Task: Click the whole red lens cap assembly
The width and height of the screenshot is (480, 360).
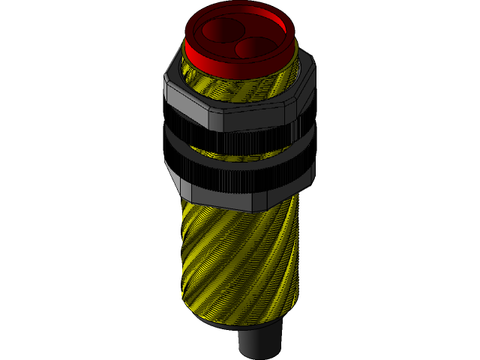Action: click(238, 41)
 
